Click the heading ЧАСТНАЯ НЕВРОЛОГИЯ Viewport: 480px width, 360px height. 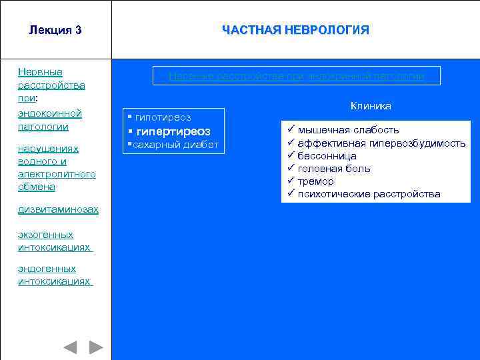point(295,30)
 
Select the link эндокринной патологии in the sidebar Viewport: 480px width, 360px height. point(50,119)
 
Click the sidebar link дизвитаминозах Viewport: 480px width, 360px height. point(58,209)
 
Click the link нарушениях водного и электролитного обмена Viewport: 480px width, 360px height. point(57,167)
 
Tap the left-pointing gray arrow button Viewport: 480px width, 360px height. point(69,347)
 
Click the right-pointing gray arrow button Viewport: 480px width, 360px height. point(97,347)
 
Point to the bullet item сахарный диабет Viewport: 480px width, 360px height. point(173,145)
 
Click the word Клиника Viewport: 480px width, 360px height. point(371,106)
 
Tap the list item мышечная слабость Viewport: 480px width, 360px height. point(348,130)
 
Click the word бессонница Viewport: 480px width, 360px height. point(327,155)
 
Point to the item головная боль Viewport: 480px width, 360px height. point(334,169)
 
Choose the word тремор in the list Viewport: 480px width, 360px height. point(316,181)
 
